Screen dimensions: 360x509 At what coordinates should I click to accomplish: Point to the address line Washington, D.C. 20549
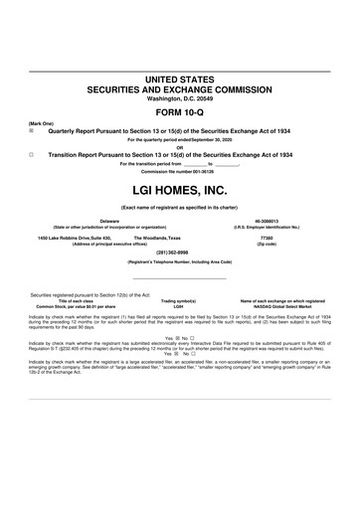point(180,98)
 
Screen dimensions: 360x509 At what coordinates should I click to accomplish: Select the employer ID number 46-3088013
point(267,222)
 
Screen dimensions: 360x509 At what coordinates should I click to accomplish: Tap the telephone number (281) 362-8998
point(180,253)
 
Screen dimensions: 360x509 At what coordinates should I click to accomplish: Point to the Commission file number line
point(180,172)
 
